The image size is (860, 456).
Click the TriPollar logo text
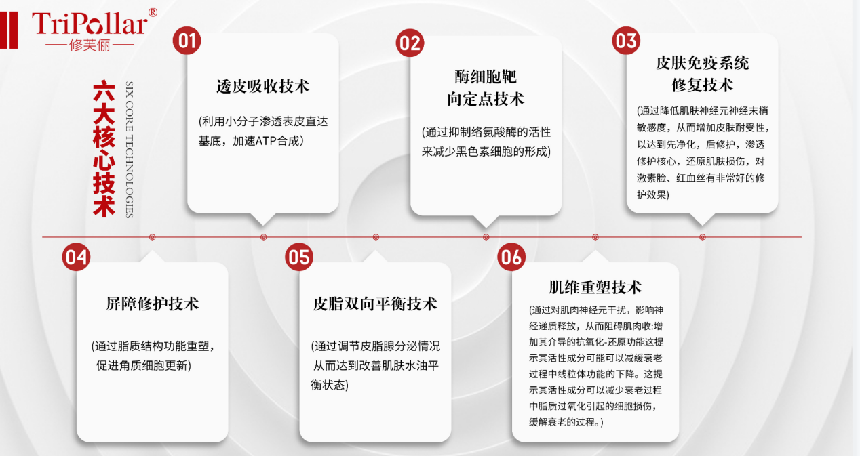[x=90, y=24]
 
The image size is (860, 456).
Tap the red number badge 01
[x=187, y=41]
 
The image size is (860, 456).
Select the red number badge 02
[x=410, y=43]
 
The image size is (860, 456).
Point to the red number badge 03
[x=626, y=41]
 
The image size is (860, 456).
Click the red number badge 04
[x=76, y=257]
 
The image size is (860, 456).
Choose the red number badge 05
[x=298, y=257]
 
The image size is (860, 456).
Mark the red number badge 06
[x=511, y=257]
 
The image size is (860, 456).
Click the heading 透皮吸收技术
[x=262, y=86]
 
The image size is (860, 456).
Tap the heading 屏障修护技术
[x=152, y=304]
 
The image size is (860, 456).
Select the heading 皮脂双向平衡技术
[x=375, y=304]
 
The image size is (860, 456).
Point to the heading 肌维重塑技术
[x=595, y=287]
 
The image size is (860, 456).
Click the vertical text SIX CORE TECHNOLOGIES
[x=130, y=150]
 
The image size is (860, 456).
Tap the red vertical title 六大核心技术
[x=104, y=149]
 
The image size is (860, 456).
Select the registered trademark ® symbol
[x=153, y=13]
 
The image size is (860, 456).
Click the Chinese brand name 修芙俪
[x=90, y=45]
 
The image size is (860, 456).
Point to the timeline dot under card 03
[x=702, y=237]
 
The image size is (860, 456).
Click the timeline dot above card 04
[x=153, y=237]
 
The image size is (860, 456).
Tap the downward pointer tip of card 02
[x=486, y=228]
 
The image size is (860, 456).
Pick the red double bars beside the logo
[x=9, y=30]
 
